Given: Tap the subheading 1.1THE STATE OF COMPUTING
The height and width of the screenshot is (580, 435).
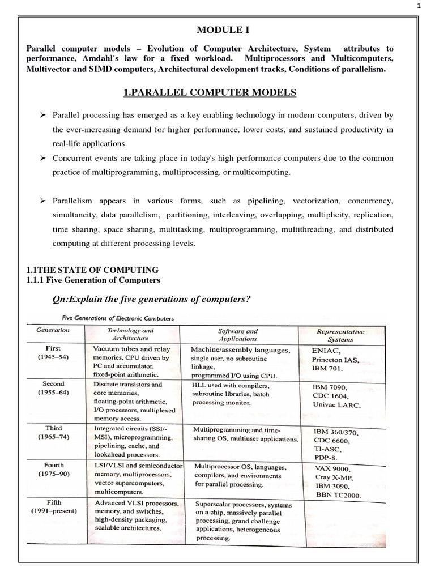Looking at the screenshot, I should [93, 270].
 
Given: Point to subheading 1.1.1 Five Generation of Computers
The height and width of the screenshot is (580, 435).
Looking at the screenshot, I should [94, 280].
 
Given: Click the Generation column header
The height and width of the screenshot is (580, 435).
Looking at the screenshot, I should [53, 330].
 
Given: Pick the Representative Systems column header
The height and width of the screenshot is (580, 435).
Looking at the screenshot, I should [340, 335].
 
